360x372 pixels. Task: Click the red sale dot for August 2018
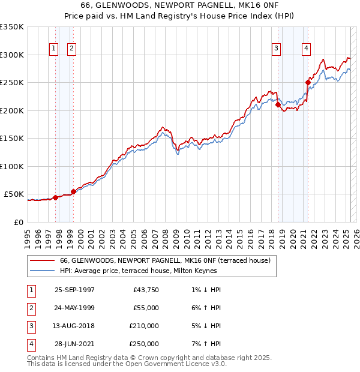[x=278, y=105]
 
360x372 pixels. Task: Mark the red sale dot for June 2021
[x=308, y=83]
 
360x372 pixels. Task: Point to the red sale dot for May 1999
[x=73, y=191]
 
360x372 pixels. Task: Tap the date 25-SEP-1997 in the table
[x=74, y=290]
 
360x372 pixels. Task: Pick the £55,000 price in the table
[x=146, y=308]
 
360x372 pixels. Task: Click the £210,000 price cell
[x=144, y=326]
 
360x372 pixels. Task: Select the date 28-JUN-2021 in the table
[x=74, y=344]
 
